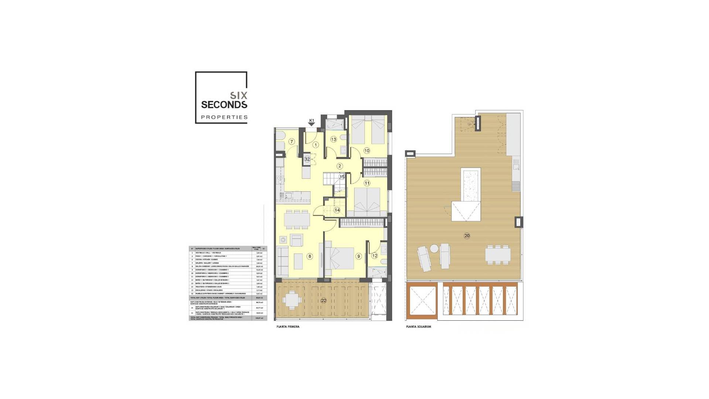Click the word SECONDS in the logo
click(224, 105)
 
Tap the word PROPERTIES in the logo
click(224, 117)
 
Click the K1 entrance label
click(312, 121)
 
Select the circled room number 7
click(292, 141)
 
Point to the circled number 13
click(333, 139)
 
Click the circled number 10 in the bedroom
click(367, 150)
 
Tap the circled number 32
click(307, 159)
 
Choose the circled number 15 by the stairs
click(342, 177)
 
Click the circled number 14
click(337, 210)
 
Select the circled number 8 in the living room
click(310, 256)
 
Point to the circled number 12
click(375, 255)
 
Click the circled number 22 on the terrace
click(323, 300)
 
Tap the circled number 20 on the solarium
click(467, 236)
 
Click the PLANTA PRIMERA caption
click(288, 327)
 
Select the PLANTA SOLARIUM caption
click(418, 327)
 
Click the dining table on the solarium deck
click(497, 255)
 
